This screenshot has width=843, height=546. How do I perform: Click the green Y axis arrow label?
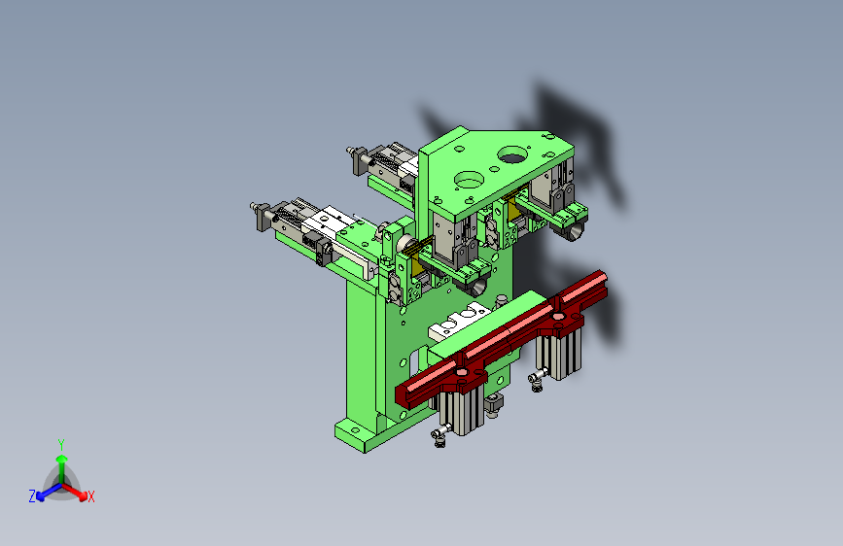point(61,444)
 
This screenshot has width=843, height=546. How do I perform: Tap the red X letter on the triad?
point(90,496)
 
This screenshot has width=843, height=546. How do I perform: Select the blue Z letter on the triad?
point(32,496)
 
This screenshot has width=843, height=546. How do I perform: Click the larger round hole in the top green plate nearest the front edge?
point(469,180)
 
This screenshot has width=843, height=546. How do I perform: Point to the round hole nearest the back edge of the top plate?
point(512,154)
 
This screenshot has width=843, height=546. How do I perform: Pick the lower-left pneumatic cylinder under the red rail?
point(461,411)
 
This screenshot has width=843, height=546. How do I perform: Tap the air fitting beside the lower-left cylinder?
point(439,435)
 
